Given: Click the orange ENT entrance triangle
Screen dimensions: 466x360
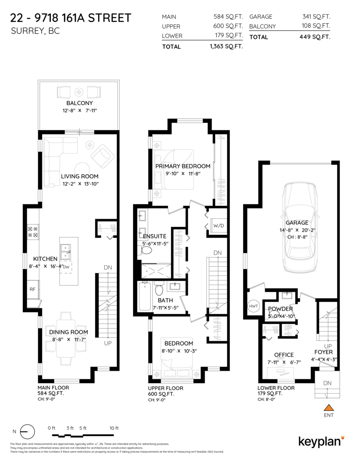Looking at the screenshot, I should click(x=329, y=408).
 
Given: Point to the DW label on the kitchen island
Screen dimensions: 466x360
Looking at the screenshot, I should click(x=66, y=267).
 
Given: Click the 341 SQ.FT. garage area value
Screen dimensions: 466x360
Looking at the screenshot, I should click(x=316, y=17).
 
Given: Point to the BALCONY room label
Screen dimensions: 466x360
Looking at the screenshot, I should click(x=79, y=103).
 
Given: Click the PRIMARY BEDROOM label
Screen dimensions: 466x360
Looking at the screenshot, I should click(x=183, y=166).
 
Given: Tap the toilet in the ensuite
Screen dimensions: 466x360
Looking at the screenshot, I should click(x=146, y=250).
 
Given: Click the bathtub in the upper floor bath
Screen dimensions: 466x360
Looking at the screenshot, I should click(x=145, y=297).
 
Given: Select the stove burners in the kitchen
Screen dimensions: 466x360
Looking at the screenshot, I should click(x=32, y=232).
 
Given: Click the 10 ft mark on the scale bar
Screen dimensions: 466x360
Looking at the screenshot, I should click(x=114, y=428).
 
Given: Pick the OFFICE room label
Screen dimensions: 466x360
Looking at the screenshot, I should click(x=284, y=355).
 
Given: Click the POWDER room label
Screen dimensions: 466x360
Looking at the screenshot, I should click(x=280, y=309).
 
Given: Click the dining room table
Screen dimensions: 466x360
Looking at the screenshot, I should click(x=66, y=338).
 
